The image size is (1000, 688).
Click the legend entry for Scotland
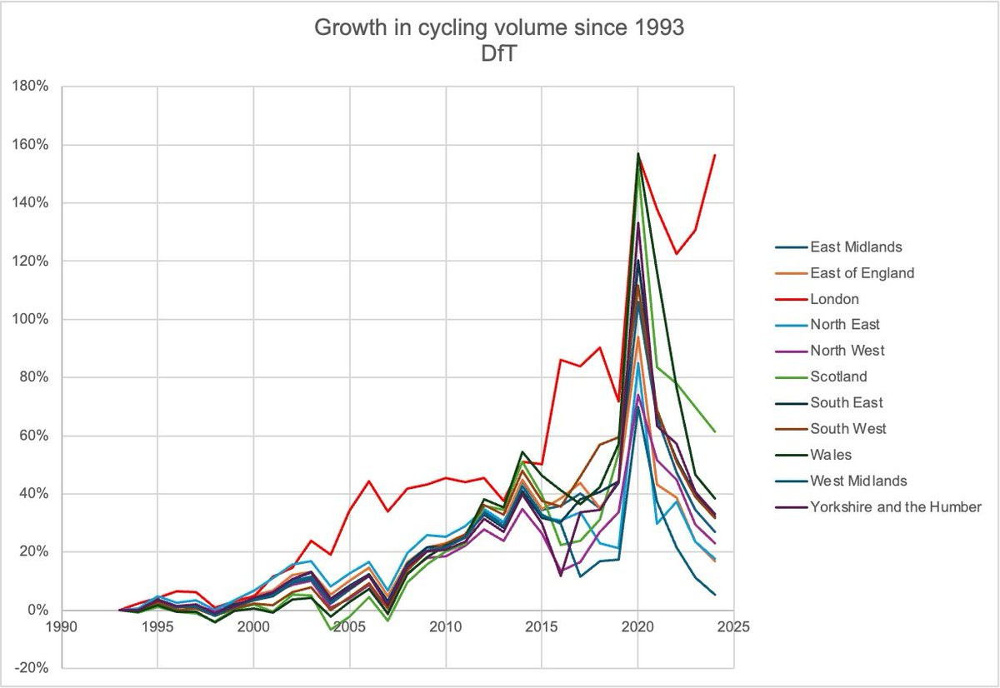click(x=838, y=376)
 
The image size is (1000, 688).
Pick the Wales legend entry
click(x=831, y=455)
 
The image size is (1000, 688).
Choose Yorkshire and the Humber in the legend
click(x=896, y=506)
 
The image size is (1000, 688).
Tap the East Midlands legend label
click(x=856, y=247)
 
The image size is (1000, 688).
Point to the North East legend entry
click(x=845, y=325)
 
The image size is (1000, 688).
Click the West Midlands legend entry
click(x=859, y=481)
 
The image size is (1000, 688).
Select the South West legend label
click(x=848, y=429)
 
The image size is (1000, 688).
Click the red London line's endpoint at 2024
click(x=714, y=155)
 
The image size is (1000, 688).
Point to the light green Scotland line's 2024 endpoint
click(x=714, y=431)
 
